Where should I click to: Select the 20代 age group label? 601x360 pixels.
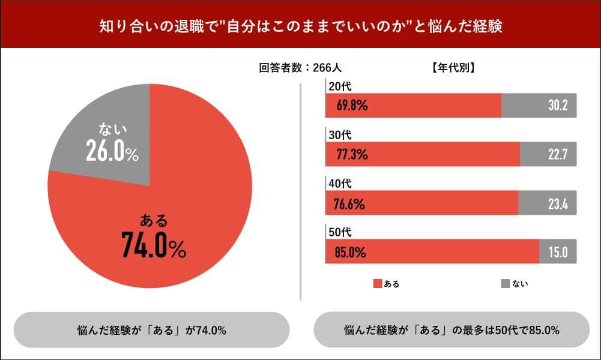336,87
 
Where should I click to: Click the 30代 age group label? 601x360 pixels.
336,134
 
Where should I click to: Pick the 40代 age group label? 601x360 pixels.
336,183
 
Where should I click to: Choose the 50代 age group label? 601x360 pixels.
336,232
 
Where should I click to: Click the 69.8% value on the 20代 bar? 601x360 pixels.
352,106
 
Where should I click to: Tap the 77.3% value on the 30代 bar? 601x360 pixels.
352,155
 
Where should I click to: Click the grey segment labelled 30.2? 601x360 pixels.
539,106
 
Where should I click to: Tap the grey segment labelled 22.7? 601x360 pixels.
548,155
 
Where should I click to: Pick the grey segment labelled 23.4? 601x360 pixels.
547,203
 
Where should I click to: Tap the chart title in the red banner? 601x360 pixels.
300,27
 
